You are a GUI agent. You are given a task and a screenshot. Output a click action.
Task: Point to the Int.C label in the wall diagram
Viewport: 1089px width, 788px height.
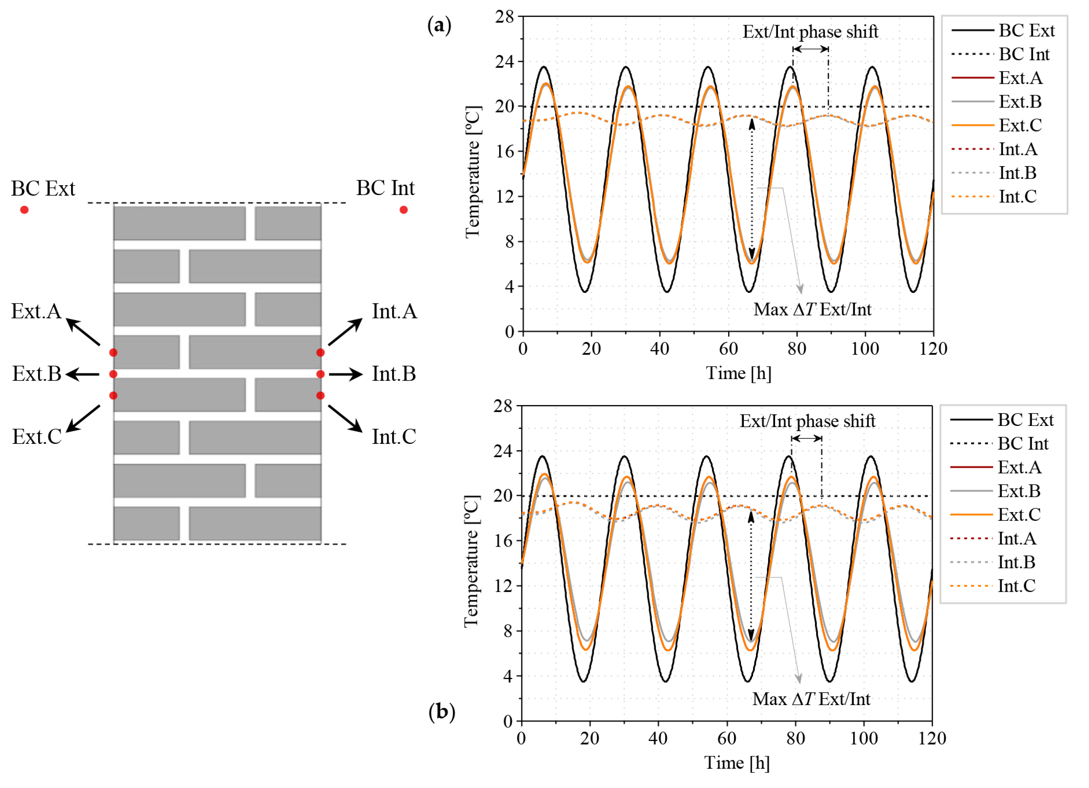coord(394,437)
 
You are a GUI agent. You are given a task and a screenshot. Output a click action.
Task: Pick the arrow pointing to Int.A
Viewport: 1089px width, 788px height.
coord(345,332)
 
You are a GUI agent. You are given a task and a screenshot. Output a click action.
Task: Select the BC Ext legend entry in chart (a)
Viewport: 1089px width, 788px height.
coord(1003,30)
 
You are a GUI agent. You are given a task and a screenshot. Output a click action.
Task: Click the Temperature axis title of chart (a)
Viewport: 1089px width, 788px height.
coord(472,172)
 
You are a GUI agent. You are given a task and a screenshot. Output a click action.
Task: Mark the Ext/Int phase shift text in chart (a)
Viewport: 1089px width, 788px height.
coord(811,32)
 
